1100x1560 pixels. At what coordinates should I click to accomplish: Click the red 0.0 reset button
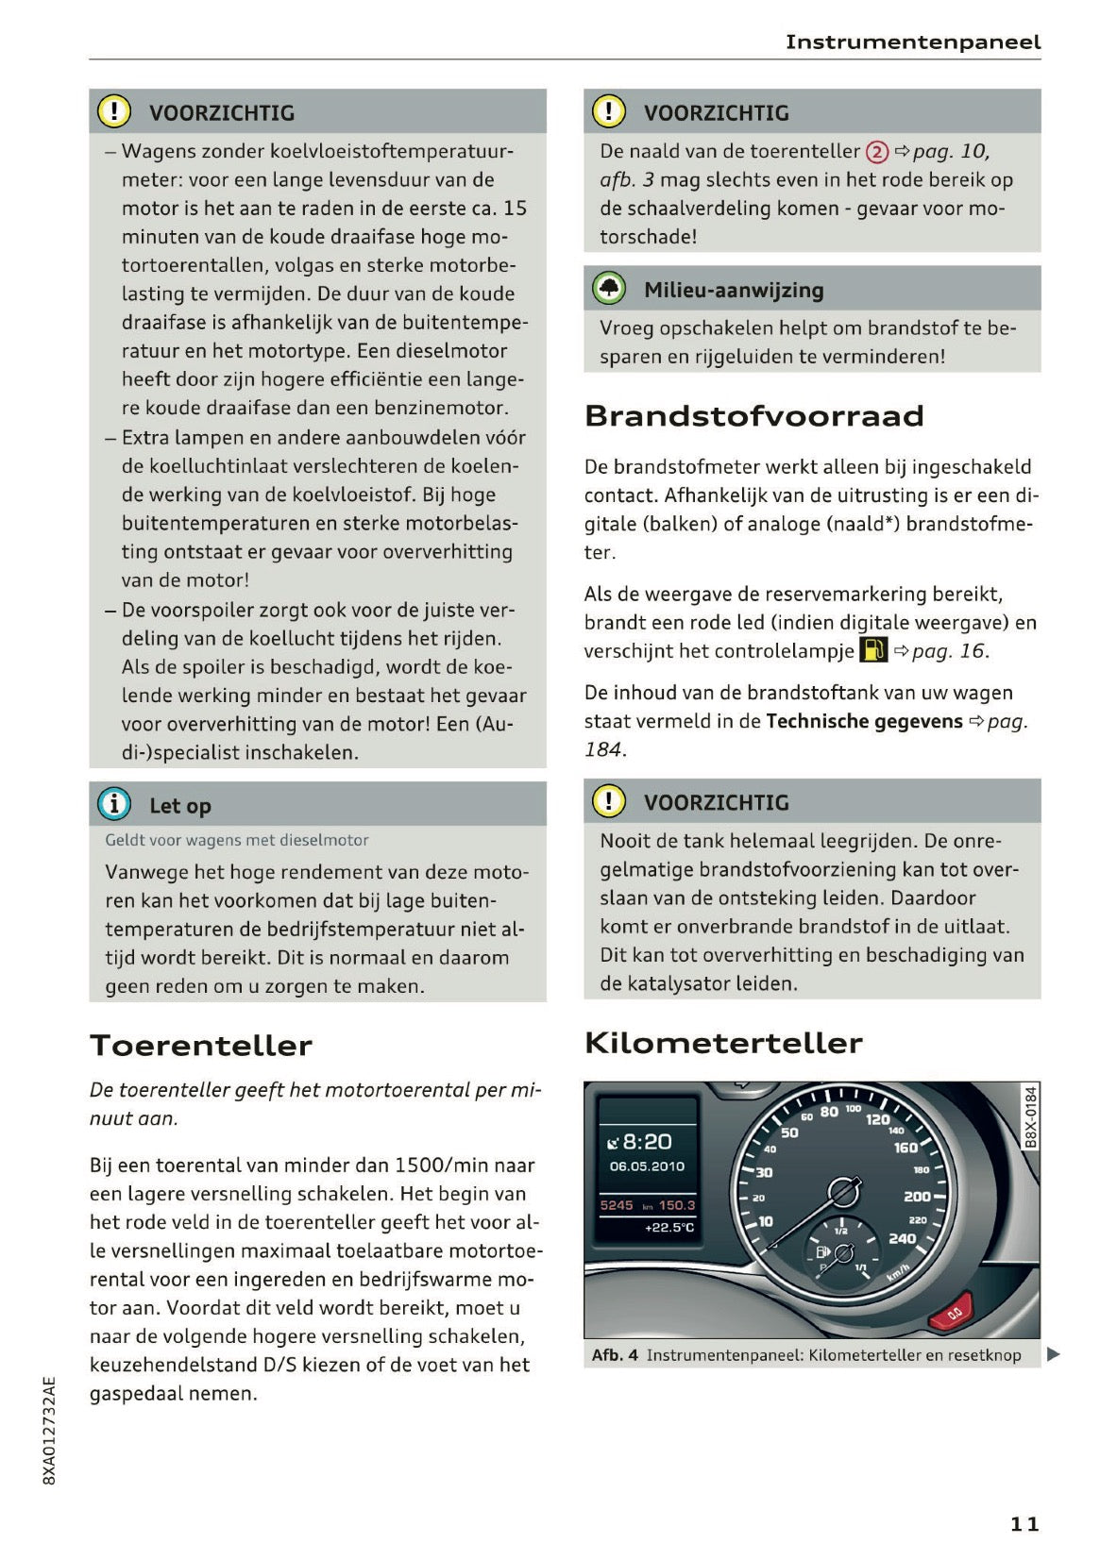coord(953,1313)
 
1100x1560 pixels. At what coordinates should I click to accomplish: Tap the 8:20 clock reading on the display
coord(642,1142)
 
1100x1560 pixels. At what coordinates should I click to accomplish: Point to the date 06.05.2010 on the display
coord(647,1166)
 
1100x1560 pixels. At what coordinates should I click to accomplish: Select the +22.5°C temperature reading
coord(668,1228)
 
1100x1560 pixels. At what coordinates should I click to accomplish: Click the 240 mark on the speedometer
coord(902,1238)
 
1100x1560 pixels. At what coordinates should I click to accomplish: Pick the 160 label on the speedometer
coord(905,1148)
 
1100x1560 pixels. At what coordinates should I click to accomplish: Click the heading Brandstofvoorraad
coord(753,416)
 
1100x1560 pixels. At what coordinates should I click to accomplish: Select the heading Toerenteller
coord(200,1046)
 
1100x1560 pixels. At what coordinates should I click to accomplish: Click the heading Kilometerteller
coord(723,1043)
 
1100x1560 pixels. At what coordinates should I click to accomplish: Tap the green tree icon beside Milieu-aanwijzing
coord(609,288)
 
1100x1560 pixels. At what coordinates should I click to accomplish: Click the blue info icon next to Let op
coord(114,804)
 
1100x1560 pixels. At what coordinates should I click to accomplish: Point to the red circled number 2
coord(876,152)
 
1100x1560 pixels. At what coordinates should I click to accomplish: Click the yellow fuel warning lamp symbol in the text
coord(872,649)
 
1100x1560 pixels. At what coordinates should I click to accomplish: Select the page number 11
coord(1024,1523)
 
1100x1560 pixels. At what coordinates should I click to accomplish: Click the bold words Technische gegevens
coord(864,721)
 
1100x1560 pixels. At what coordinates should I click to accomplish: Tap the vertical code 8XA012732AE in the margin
coord(50,1431)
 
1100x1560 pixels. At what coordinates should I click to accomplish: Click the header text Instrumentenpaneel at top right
coord(912,42)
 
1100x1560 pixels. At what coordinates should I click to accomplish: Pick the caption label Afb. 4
coord(615,1355)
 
